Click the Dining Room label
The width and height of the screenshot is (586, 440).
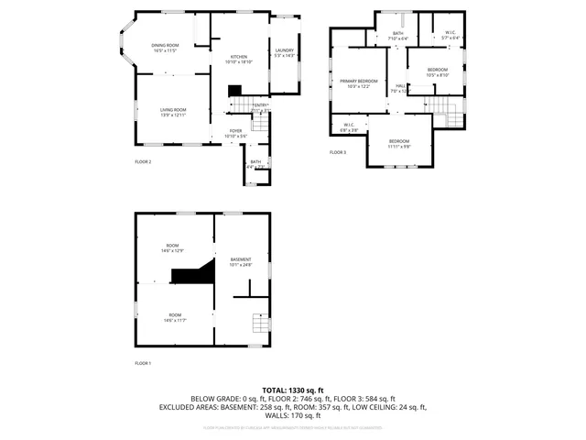166,45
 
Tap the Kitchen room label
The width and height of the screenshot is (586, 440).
239,56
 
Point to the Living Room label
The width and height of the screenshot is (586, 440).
173,111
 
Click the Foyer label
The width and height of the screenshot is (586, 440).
236,131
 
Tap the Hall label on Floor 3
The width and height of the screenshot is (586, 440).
399,87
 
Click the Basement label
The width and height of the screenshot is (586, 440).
240,260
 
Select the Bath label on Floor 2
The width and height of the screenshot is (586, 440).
256,163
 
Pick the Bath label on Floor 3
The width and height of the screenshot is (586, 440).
398,34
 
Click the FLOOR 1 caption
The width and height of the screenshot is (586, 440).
143,364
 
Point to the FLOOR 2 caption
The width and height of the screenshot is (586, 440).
143,162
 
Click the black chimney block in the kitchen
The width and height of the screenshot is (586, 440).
234,90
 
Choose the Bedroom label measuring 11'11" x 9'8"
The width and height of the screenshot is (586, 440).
399,142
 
